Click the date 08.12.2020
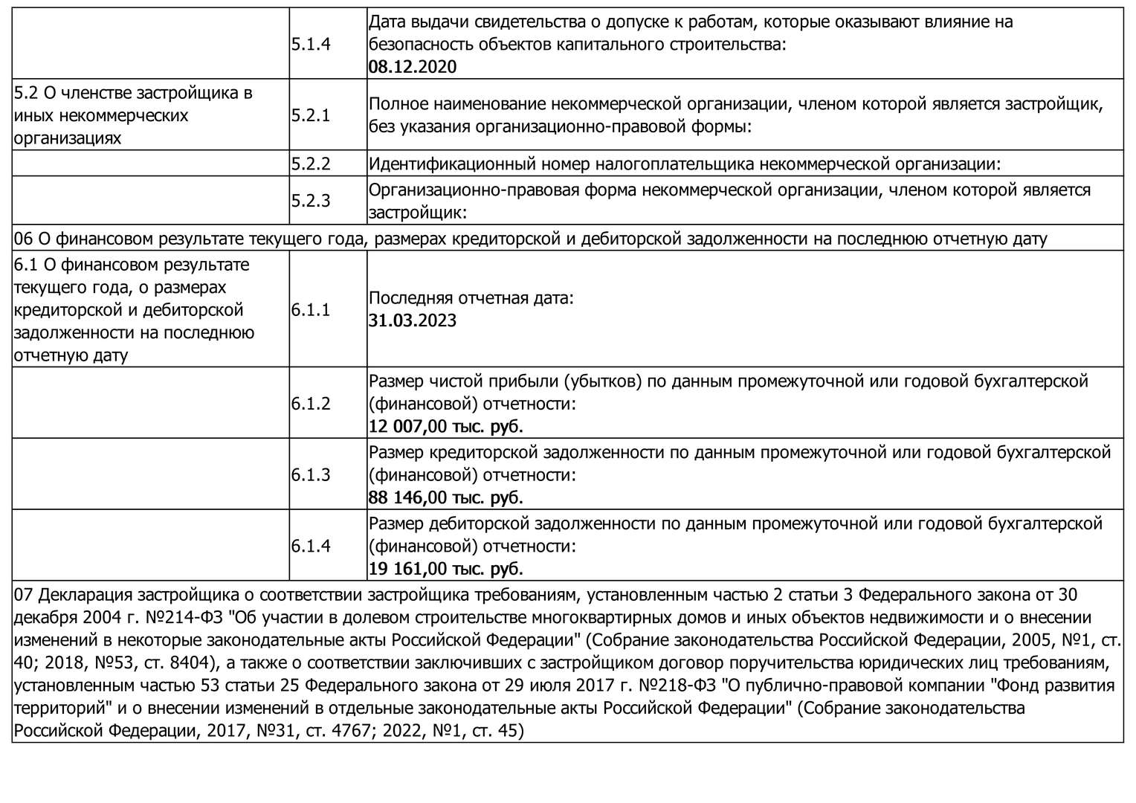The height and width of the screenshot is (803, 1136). (413, 67)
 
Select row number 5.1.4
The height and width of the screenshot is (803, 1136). (311, 44)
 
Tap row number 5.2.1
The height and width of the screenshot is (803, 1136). (311, 115)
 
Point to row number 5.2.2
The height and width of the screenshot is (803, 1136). (311, 164)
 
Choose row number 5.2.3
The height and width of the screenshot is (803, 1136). (311, 201)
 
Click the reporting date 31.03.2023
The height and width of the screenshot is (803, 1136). (413, 321)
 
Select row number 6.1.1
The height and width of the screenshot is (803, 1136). (311, 309)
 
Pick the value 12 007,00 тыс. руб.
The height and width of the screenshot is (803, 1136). (446, 427)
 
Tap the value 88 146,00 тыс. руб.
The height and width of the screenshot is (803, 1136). (446, 497)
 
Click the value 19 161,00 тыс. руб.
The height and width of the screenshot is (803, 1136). (446, 569)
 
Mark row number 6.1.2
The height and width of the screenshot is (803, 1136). (311, 404)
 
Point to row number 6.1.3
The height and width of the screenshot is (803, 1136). (311, 474)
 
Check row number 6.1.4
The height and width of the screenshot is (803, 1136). (311, 546)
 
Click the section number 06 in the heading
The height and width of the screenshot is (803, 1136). (24, 239)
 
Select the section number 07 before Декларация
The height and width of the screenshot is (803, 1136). (24, 595)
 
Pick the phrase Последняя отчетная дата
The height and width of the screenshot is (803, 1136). (471, 298)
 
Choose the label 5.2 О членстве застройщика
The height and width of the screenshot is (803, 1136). (134, 93)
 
